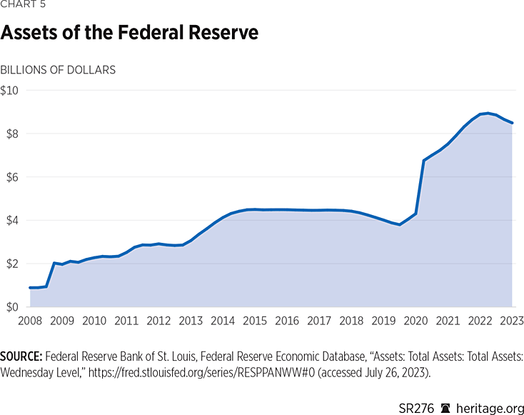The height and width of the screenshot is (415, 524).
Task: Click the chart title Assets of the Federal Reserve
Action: [129, 33]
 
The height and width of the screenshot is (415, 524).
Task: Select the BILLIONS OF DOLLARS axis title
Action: [58, 70]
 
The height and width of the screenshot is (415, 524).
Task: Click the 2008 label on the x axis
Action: [29, 321]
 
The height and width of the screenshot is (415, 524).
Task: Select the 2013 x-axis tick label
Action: [191, 321]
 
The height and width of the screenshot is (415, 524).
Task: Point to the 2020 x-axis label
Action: [415, 321]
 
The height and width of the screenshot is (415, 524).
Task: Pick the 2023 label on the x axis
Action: [512, 321]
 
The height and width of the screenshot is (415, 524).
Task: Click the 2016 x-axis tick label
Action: [287, 321]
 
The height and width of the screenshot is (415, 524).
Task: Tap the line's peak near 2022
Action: [488, 113]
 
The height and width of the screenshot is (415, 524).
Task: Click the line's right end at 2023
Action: [512, 123]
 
